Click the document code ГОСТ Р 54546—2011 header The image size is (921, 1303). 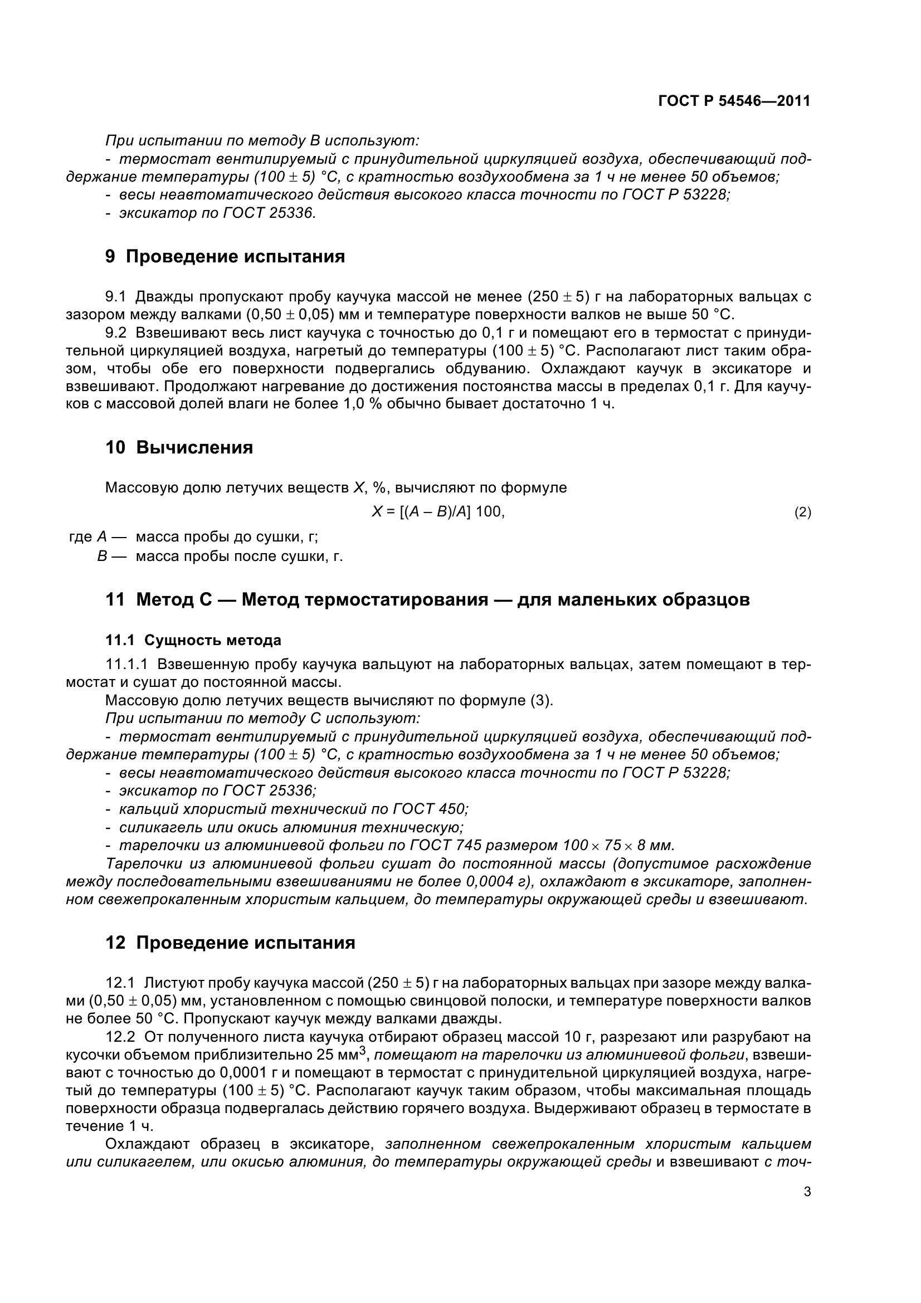click(x=734, y=101)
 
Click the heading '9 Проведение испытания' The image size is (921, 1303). click(x=225, y=256)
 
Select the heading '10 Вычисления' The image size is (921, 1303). click(x=179, y=447)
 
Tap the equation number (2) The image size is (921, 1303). click(x=802, y=513)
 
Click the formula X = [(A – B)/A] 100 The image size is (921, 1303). click(x=438, y=512)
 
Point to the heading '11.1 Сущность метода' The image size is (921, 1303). click(x=193, y=640)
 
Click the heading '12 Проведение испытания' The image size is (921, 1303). click(x=231, y=943)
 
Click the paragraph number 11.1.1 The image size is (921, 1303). click(x=126, y=664)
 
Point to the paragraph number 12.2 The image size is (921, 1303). click(x=120, y=1037)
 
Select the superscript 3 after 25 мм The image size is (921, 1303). click(x=363, y=1051)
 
